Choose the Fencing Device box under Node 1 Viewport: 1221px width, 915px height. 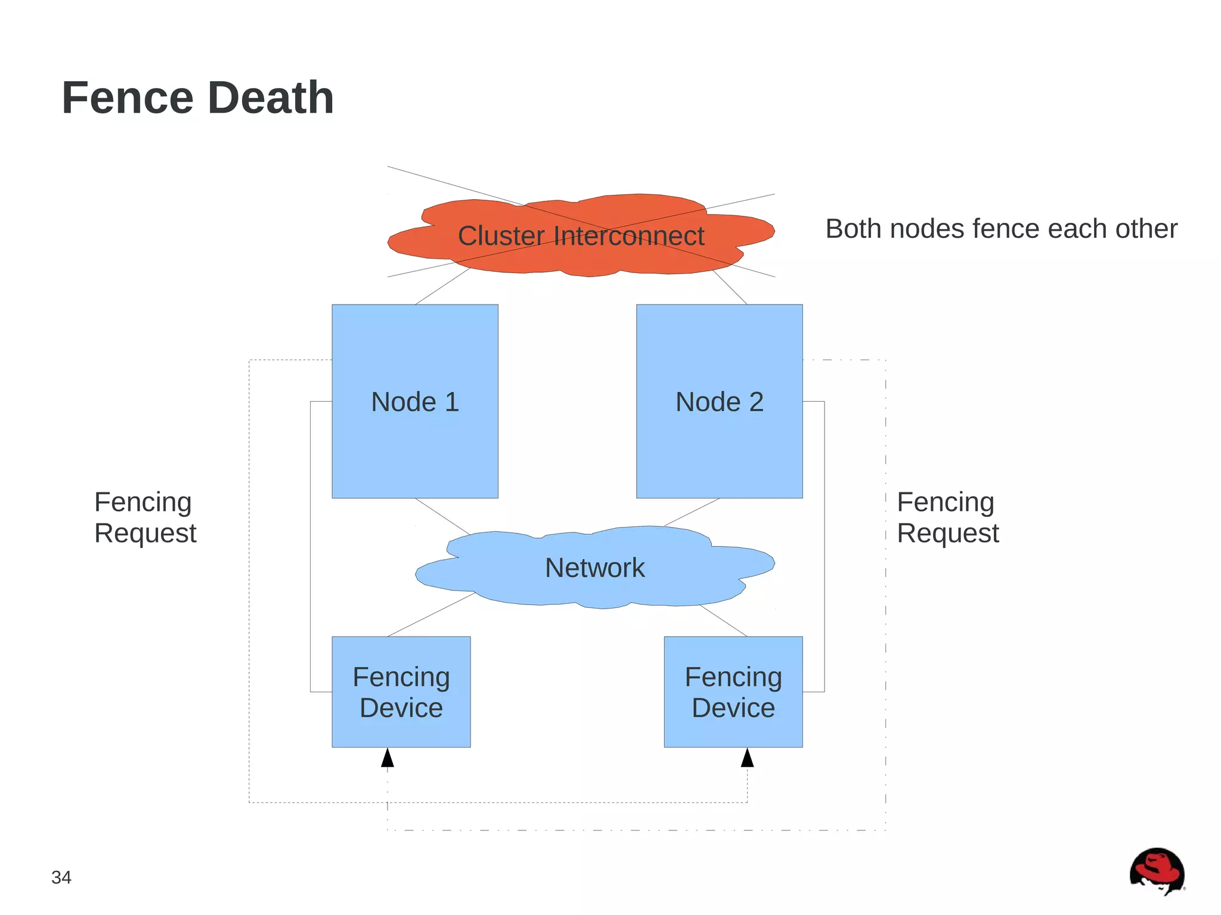tap(401, 691)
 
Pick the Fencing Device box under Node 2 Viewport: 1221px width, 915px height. tap(733, 691)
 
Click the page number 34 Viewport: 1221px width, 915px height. tap(61, 877)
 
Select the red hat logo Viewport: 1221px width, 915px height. tap(1157, 871)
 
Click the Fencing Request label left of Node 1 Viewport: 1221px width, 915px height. tap(145, 517)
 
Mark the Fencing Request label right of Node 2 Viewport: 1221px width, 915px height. tap(947, 517)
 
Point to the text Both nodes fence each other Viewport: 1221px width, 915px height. tap(1001, 229)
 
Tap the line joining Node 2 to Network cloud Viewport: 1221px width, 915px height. tap(692, 512)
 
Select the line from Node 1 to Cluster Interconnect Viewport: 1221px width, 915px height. tap(442, 286)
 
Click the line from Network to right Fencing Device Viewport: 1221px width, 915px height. tap(723, 621)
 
